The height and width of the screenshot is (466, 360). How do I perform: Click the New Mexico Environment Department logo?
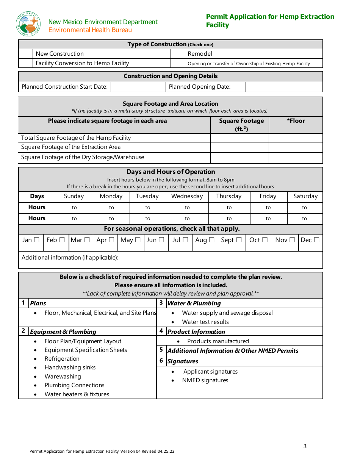(28, 24)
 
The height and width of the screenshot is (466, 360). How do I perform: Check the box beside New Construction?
(26, 54)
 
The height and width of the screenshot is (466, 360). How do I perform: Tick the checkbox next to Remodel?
(178, 54)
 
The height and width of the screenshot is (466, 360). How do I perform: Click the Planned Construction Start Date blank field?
(138, 87)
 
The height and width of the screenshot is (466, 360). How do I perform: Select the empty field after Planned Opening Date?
(284, 87)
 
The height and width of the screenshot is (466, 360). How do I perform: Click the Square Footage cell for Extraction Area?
(239, 147)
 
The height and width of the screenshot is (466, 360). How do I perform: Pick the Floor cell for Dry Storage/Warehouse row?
(296, 158)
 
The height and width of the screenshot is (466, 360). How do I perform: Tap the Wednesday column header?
(187, 196)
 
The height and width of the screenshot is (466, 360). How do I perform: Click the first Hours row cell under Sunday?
(74, 208)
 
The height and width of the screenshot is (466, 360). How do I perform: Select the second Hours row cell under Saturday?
(305, 219)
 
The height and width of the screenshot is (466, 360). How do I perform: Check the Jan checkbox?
(36, 240)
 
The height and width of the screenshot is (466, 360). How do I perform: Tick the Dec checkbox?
(316, 240)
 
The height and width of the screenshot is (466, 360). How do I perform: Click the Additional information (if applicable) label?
(70, 258)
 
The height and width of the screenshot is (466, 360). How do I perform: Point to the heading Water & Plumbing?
(194, 303)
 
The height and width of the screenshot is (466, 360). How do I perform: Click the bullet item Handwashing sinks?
(70, 367)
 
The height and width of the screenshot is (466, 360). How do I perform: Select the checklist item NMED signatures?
(205, 380)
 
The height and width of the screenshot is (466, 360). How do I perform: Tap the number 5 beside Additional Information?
(161, 350)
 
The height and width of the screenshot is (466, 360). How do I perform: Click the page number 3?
(305, 446)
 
